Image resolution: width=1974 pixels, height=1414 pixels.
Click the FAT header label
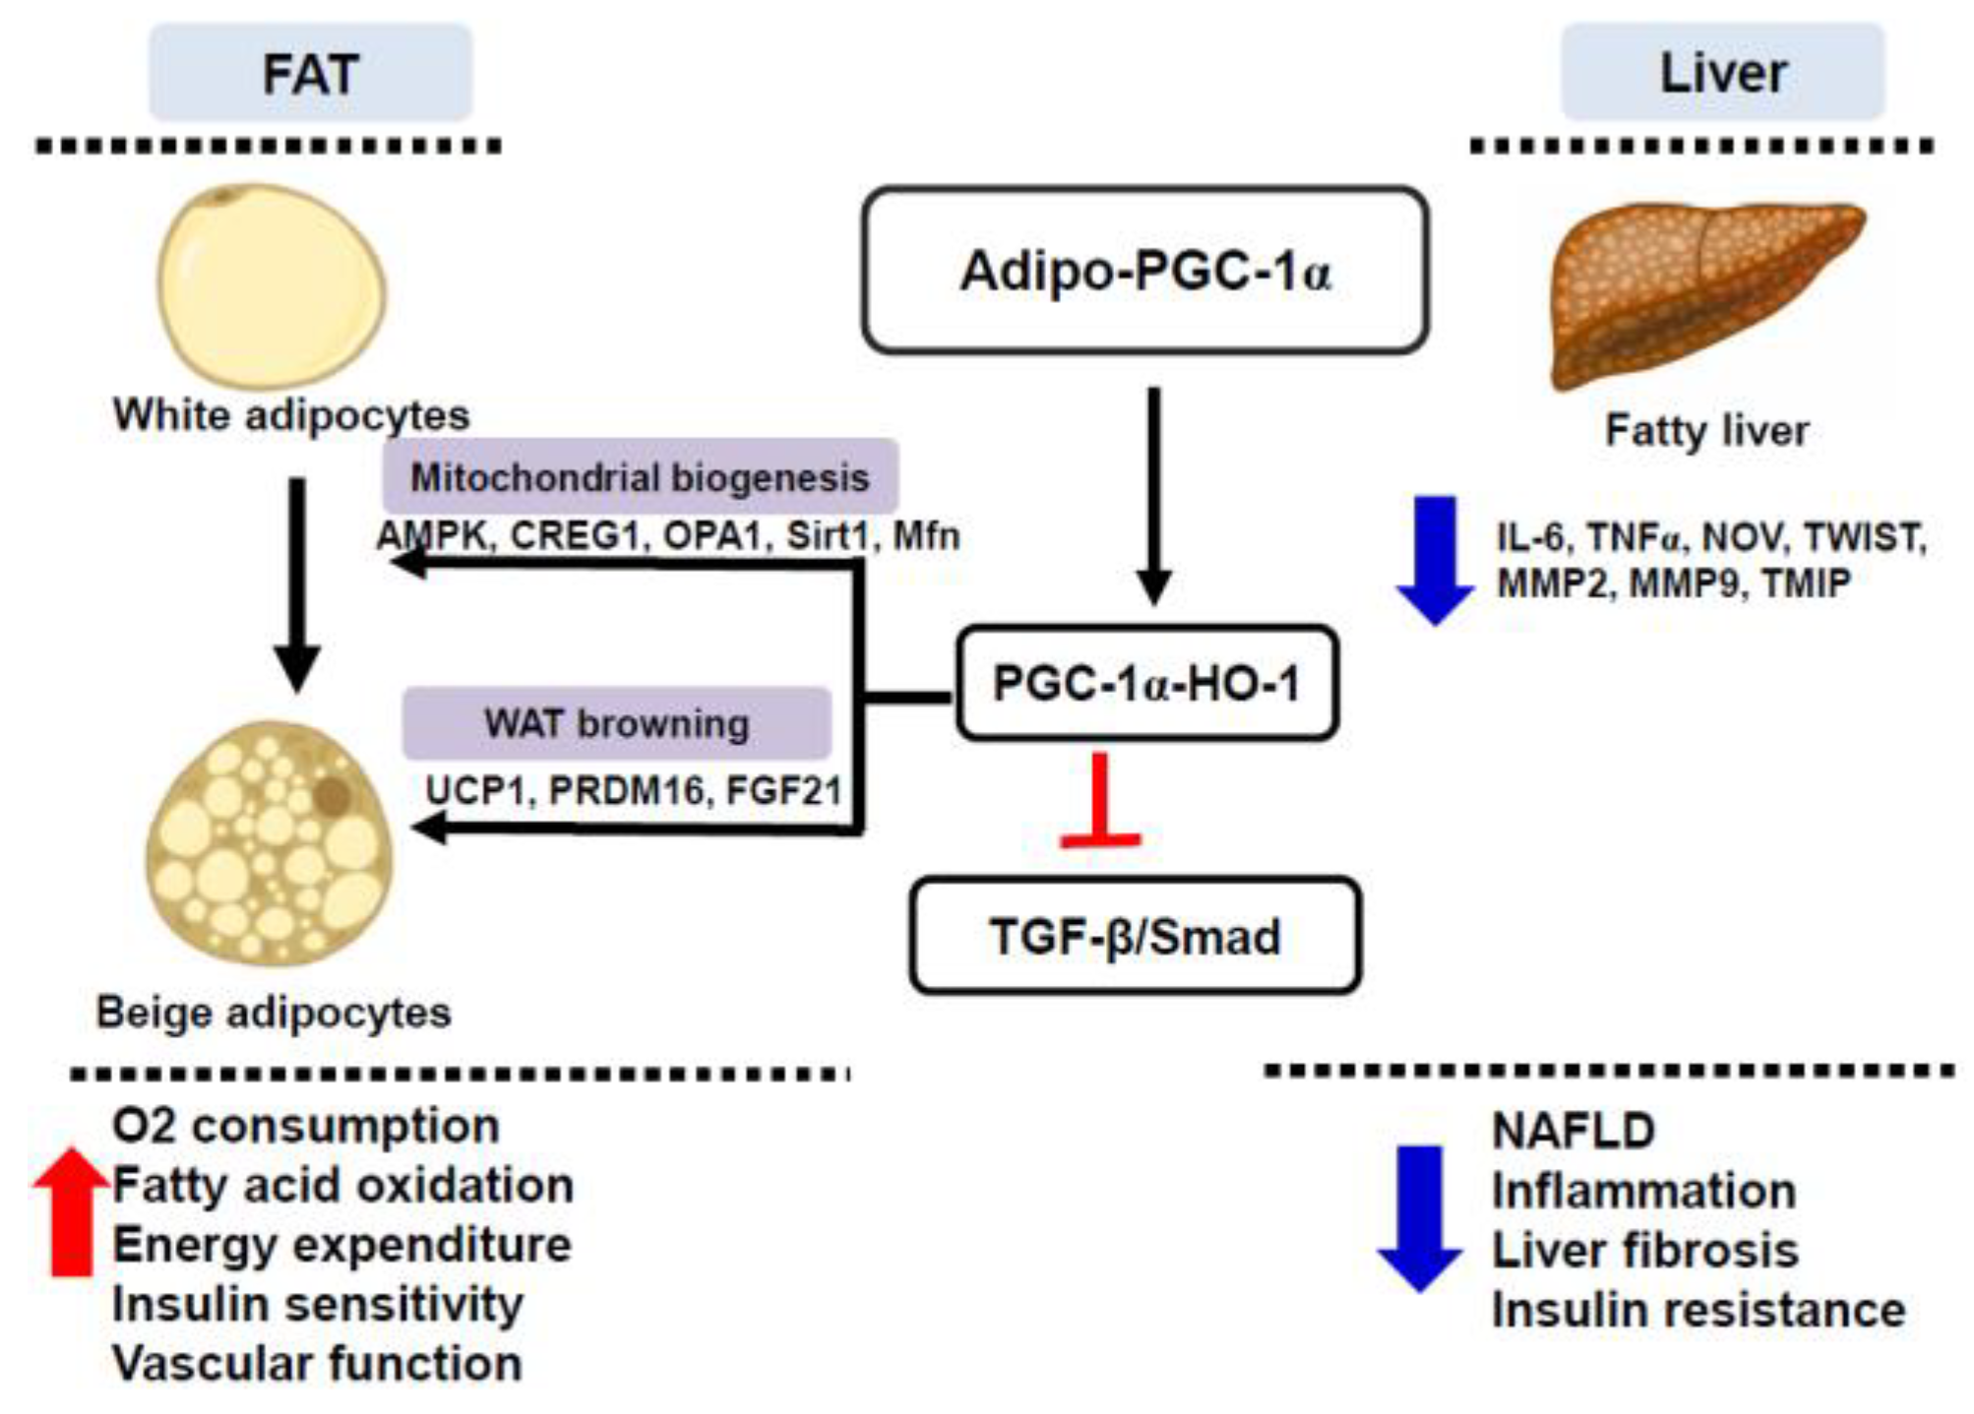310,74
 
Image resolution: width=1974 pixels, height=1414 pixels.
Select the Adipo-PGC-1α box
1144,271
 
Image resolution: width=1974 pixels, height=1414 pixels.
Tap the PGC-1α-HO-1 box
1146,683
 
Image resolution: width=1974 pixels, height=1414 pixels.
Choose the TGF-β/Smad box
1135,936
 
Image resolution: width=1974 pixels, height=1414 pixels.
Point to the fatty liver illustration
1702,290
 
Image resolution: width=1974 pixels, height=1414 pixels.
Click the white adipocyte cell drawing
271,285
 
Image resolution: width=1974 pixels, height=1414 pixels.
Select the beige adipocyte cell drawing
268,841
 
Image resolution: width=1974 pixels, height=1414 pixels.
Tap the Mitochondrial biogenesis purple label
640,477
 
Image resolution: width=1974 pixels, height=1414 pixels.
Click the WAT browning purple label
616,723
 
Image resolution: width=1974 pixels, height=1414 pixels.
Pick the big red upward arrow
71,1210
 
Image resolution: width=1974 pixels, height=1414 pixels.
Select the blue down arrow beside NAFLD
1419,1218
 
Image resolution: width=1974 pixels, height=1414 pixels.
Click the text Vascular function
317,1364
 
